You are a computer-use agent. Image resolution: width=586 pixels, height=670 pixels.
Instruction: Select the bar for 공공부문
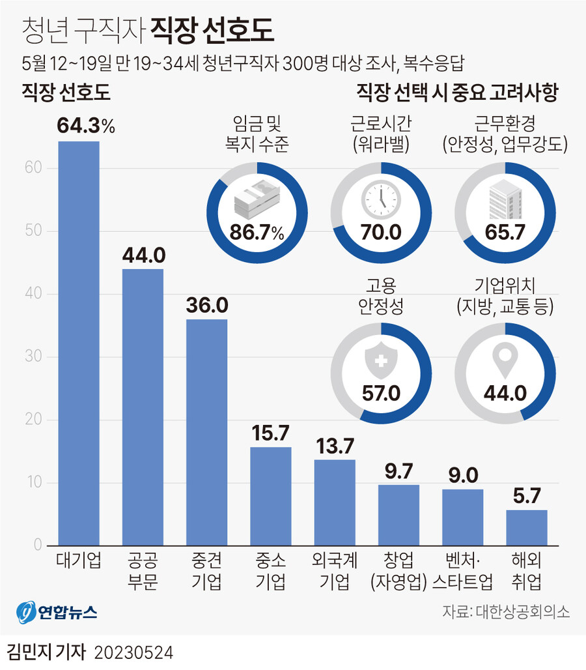143,407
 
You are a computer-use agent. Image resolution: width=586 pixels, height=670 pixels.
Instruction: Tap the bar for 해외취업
526,527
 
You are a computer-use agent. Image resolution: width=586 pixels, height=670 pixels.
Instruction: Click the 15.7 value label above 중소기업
270,431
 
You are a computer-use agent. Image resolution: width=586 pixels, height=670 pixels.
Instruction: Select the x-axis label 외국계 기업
334,571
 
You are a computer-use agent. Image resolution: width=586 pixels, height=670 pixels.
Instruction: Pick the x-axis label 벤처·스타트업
462,571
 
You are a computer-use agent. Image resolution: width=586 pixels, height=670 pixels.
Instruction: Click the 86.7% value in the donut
257,233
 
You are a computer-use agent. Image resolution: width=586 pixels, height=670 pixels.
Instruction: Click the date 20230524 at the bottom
133,652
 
